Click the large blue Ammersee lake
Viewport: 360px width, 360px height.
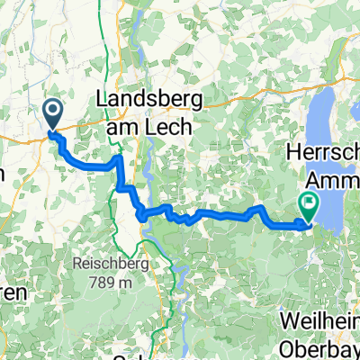pyautogui.click(x=333, y=117)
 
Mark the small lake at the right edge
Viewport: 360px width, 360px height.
pyautogui.click(x=355, y=202)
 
